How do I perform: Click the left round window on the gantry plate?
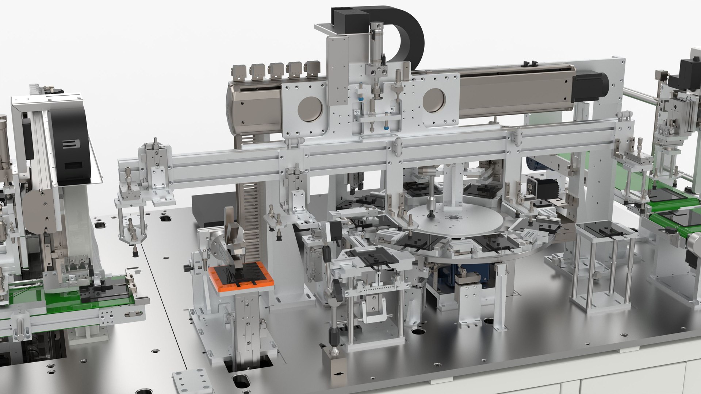(310, 109)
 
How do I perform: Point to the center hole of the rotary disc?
(454, 218)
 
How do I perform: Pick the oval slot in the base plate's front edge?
(240, 381)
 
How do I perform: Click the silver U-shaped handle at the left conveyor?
(22, 327)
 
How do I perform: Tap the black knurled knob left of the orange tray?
(187, 268)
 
